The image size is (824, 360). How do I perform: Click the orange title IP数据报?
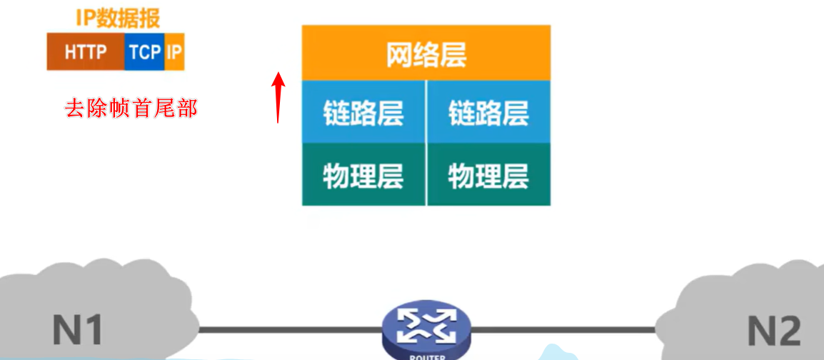[x=118, y=17]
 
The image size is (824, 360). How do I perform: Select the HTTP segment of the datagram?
[x=86, y=51]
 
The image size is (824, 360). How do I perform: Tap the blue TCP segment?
[x=145, y=51]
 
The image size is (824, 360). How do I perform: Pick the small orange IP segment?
[x=174, y=51]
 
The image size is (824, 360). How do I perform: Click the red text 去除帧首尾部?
[x=131, y=109]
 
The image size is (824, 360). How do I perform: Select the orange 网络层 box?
[x=426, y=54]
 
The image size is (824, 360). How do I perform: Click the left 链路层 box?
[x=363, y=112]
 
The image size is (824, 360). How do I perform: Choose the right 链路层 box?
[x=489, y=112]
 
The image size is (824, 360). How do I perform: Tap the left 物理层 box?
[x=363, y=175]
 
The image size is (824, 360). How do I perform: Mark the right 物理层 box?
[x=489, y=175]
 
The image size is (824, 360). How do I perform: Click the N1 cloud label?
[x=78, y=329]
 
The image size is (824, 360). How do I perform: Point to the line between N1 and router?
[x=286, y=330]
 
